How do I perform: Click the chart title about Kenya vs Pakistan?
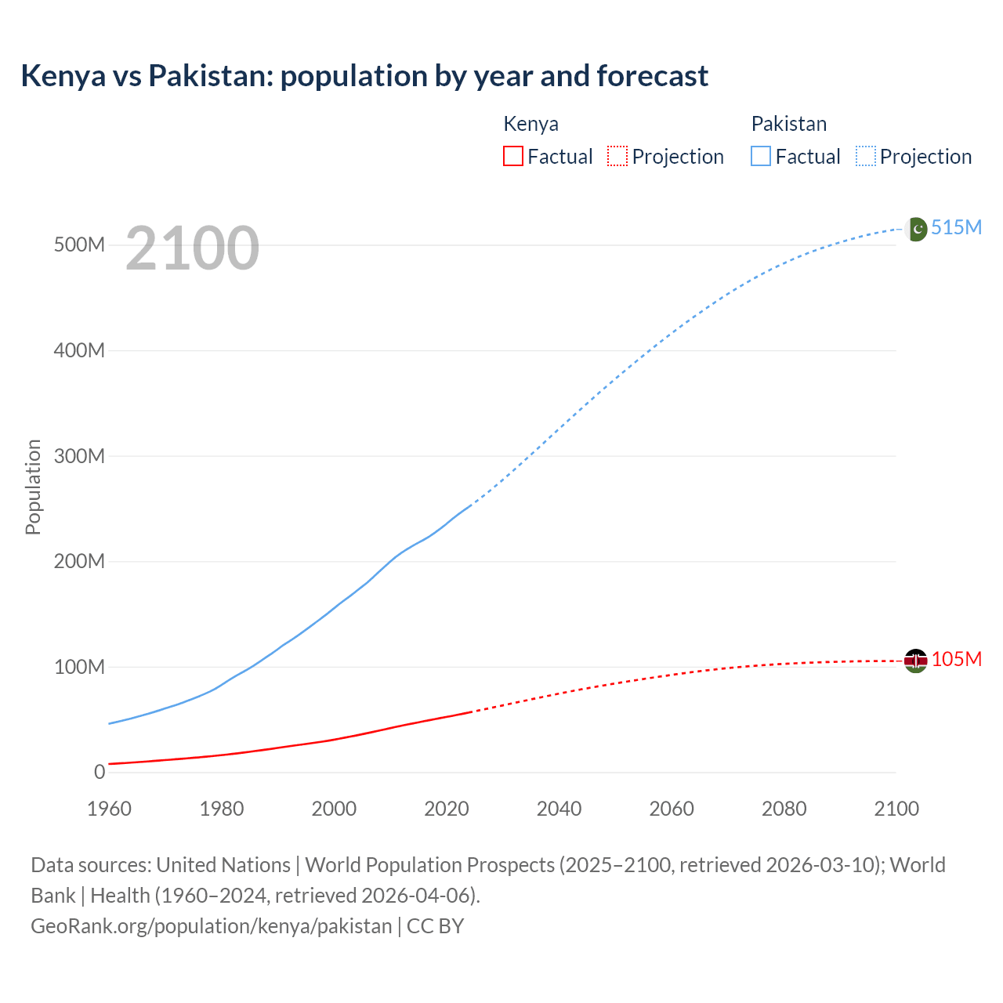click(364, 76)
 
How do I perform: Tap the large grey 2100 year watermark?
click(192, 248)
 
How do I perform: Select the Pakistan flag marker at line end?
click(915, 229)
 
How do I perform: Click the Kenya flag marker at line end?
click(915, 661)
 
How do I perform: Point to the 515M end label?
click(956, 227)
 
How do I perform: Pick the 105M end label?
click(956, 659)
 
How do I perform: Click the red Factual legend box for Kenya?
click(513, 156)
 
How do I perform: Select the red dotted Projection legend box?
click(617, 156)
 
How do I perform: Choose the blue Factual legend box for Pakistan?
click(761, 156)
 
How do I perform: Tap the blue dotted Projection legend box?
click(866, 156)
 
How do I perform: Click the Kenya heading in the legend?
click(530, 124)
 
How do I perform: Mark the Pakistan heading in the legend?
click(788, 124)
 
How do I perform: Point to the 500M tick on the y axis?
click(79, 244)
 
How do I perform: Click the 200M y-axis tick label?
click(79, 561)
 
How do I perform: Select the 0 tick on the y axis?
click(99, 772)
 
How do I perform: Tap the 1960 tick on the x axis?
click(109, 809)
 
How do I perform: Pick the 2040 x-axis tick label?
click(559, 809)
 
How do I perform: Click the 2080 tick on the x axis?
click(784, 809)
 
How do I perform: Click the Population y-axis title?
click(33, 487)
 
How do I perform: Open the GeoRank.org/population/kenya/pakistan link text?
click(211, 925)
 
